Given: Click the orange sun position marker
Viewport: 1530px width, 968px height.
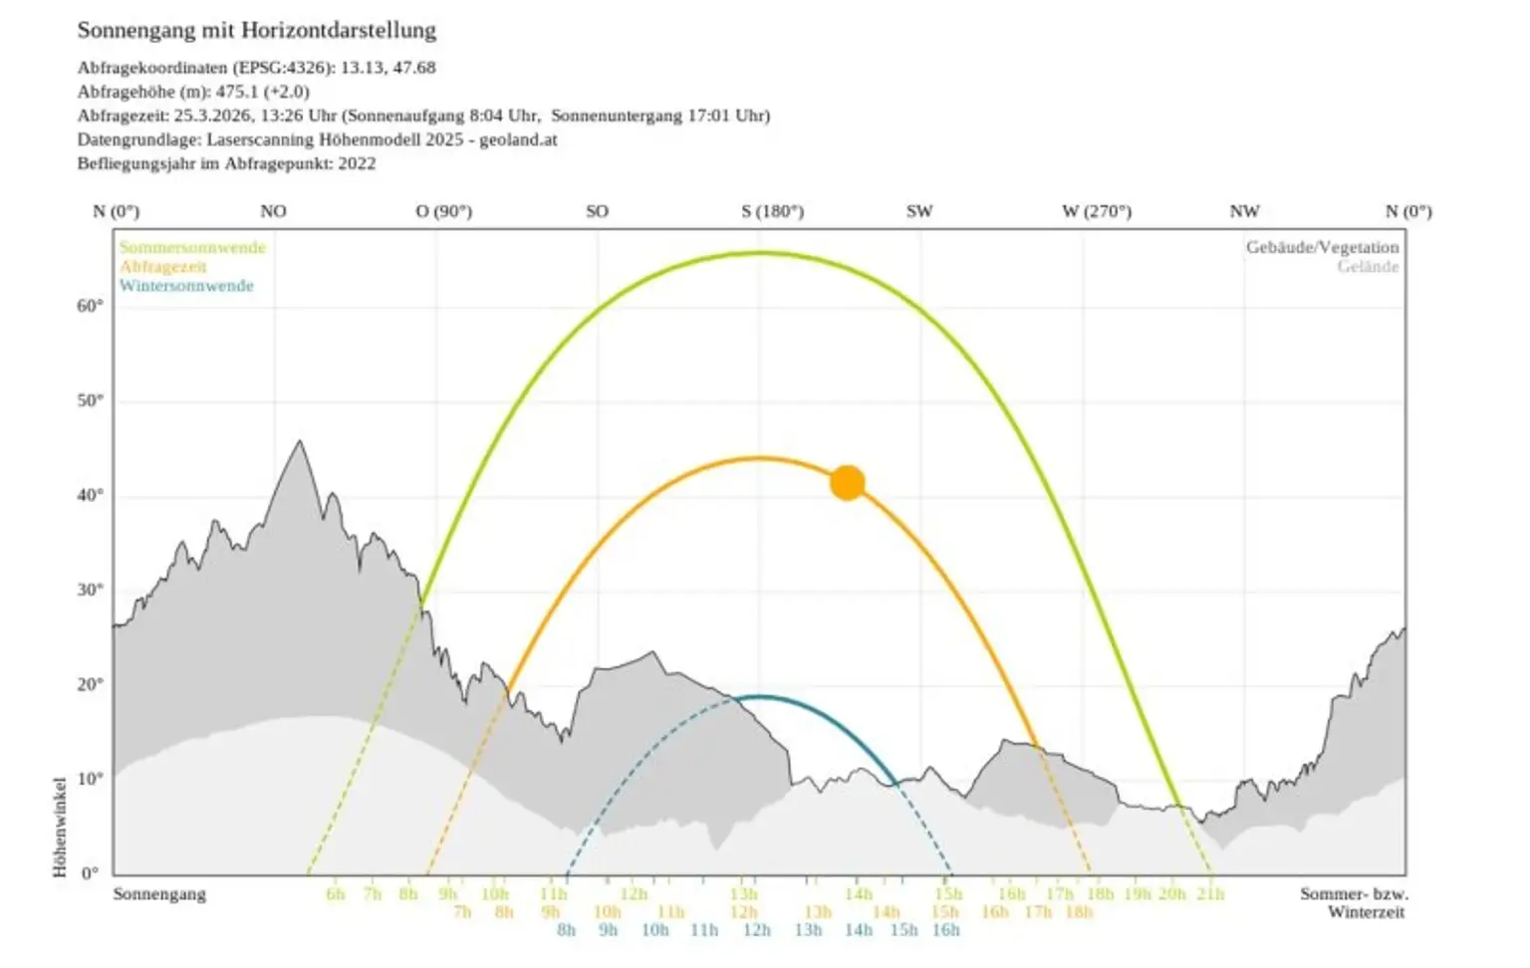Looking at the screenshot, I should [848, 483].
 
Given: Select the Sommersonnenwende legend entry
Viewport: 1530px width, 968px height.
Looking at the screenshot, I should [192, 247].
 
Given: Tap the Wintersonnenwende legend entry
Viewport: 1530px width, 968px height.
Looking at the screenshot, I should [186, 286].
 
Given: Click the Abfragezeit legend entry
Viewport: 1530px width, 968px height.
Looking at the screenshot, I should [163, 267].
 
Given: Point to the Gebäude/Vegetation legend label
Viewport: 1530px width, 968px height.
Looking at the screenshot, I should [1322, 247].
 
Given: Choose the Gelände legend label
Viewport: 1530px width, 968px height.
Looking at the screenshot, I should [1368, 267].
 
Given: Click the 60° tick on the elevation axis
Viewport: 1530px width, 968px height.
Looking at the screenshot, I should [90, 306].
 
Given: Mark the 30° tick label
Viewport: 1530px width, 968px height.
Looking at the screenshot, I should [90, 590].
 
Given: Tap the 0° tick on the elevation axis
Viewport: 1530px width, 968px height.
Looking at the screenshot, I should [90, 873].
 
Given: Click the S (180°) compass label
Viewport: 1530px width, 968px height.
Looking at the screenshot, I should [772, 211].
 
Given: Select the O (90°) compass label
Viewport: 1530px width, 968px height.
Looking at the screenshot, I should [443, 211].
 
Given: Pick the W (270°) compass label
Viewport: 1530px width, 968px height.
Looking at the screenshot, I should [1096, 211].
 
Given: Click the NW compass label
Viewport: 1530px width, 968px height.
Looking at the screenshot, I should [1244, 211].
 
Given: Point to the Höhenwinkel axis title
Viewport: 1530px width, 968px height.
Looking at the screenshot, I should [60, 827].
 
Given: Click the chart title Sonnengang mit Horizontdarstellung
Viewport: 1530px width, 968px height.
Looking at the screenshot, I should [257, 30].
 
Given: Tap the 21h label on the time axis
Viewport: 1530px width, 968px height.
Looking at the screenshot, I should [1210, 893].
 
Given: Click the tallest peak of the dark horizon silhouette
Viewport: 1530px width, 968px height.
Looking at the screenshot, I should [300, 442].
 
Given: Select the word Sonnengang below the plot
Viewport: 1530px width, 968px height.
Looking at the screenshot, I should [159, 893].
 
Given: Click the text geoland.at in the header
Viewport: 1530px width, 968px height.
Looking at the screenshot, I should [518, 139].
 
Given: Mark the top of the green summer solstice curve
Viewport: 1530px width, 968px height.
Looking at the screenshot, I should [761, 253].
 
